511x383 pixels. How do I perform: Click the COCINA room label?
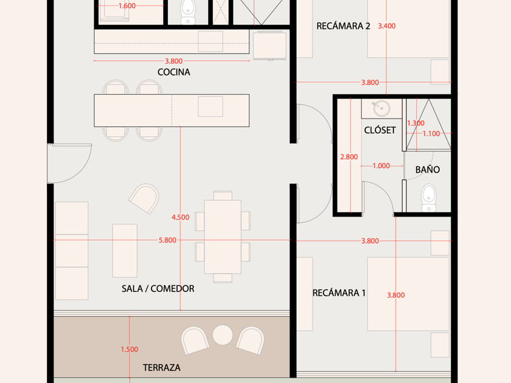pos(174,72)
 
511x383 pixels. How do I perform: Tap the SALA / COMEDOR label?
pos(158,289)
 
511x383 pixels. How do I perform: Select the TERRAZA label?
pos(162,368)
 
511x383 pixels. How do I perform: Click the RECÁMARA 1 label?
pos(339,293)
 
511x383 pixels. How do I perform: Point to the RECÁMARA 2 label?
pos(344,26)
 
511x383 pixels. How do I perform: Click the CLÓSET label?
pos(380,130)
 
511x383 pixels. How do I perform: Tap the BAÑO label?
pos(428,170)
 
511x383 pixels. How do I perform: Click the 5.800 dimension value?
pos(167,240)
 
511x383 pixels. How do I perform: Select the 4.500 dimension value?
pos(181,217)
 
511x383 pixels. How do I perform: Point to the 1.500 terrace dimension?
pos(130,350)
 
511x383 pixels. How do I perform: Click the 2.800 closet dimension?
pos(349,157)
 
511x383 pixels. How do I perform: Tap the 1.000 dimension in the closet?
pos(381,166)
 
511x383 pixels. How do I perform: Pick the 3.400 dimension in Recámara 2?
pos(387,26)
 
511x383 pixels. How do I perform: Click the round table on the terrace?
pos(223,335)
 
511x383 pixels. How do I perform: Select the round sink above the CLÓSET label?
pos(381,108)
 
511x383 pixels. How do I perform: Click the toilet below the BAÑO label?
pos(429,198)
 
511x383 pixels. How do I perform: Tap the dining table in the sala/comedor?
pos(223,236)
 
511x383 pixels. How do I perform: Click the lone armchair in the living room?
pos(144,199)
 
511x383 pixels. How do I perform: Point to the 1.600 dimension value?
pos(127,6)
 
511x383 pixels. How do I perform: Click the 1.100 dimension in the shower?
pos(431,134)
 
